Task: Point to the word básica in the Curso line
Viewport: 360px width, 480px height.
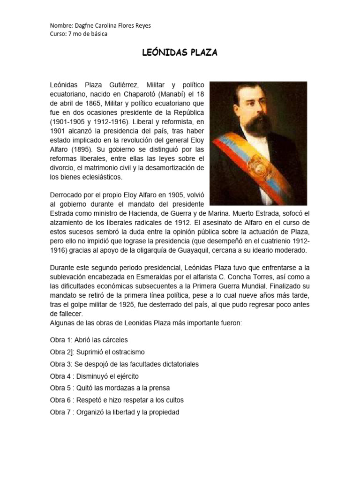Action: point(98,34)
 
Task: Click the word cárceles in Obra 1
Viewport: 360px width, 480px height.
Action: point(113,340)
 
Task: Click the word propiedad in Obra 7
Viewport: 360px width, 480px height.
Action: point(164,412)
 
